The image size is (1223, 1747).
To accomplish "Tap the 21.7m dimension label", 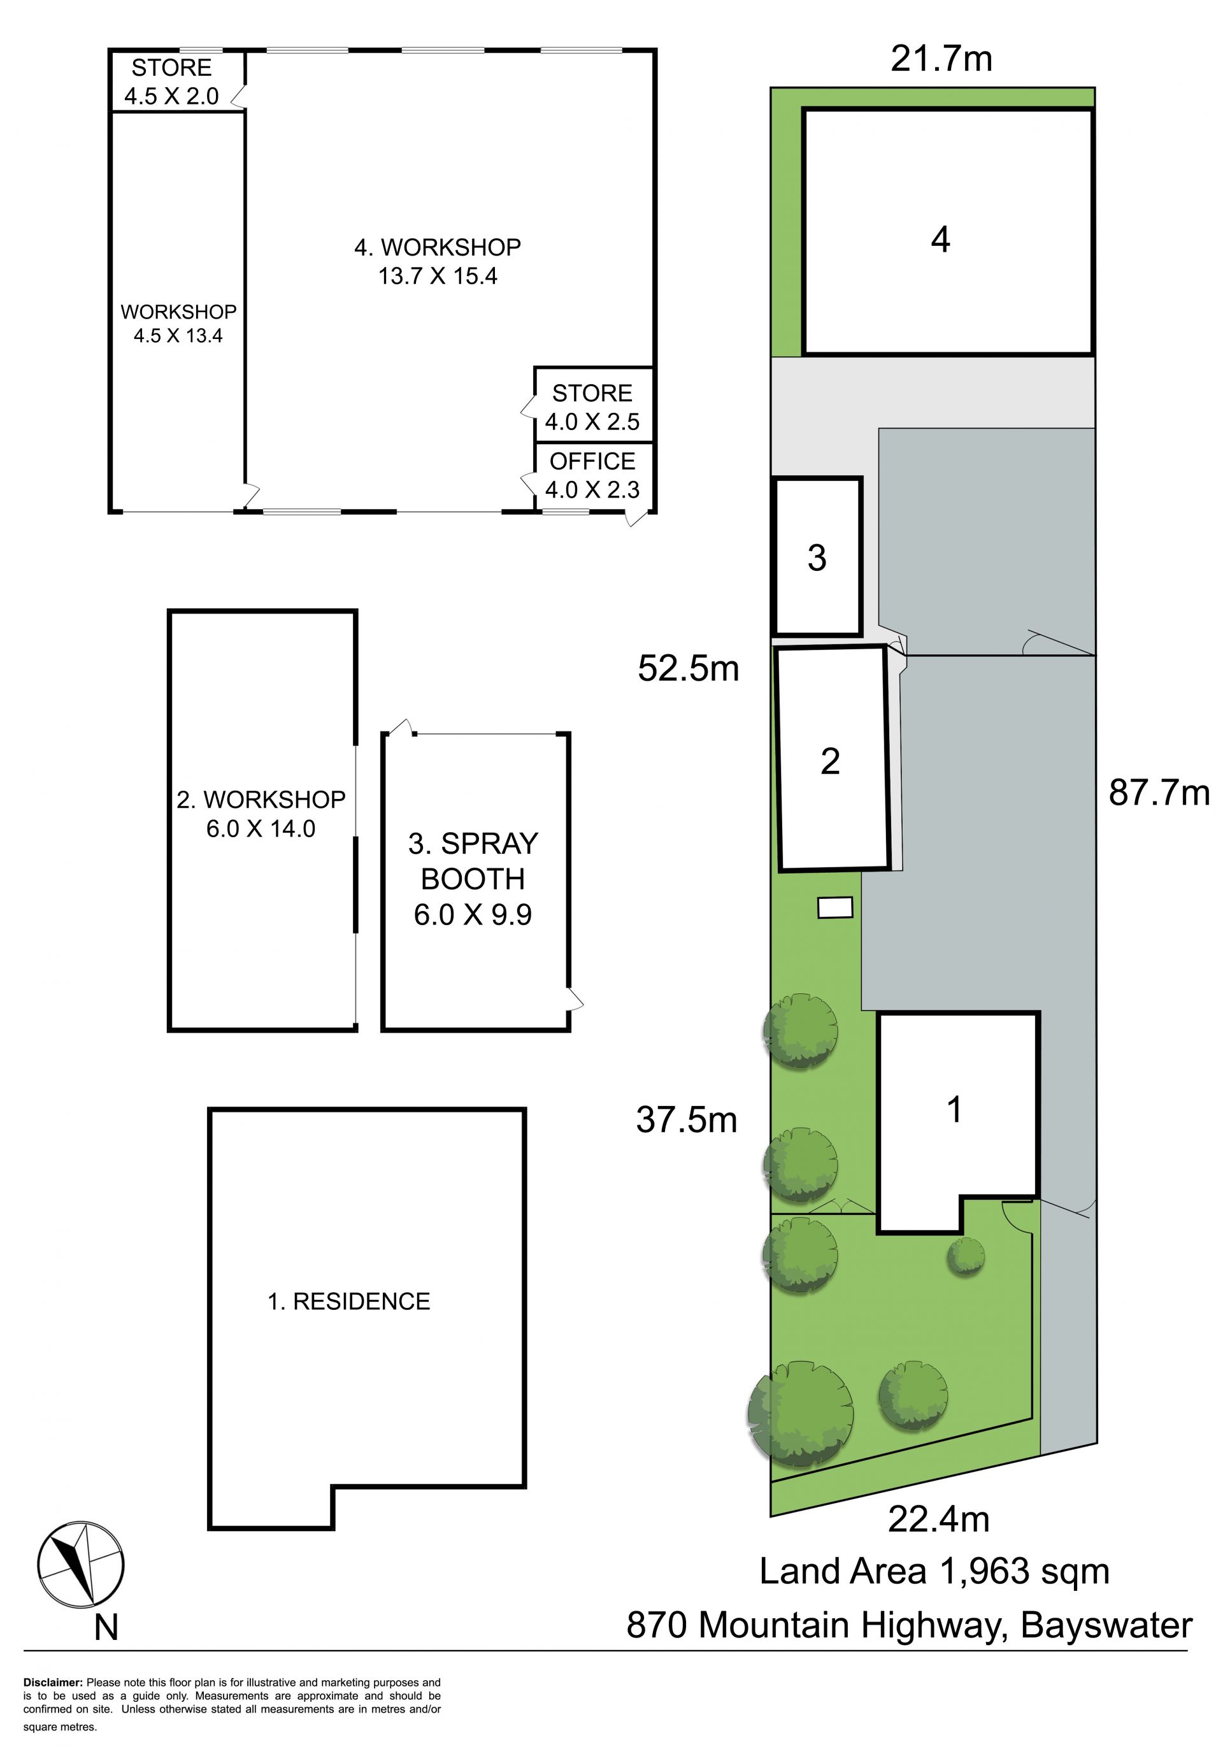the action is [x=941, y=59].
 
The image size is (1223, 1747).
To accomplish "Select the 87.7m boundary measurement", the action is [x=1159, y=793].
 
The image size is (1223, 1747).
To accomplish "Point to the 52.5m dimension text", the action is [x=689, y=668].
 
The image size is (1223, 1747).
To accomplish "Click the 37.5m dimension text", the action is [x=687, y=1120].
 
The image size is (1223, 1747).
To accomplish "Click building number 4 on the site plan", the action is [x=941, y=240].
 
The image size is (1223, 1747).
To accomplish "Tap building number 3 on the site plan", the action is [x=817, y=557].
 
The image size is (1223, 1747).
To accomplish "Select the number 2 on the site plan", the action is [x=830, y=761].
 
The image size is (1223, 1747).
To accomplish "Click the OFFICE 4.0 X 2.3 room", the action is [x=592, y=475].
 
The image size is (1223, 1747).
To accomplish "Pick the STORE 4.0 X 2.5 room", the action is [x=592, y=407].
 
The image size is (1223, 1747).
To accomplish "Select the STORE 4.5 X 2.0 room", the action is [x=172, y=82].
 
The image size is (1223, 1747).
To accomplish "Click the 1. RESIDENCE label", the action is [x=349, y=1301].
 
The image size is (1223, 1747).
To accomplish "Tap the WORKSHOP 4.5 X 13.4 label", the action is [x=179, y=324].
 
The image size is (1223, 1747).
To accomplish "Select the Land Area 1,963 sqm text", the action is [x=934, y=1571].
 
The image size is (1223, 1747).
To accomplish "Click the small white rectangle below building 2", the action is [x=835, y=907].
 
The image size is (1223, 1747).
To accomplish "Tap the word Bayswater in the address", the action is [x=1106, y=1625].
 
